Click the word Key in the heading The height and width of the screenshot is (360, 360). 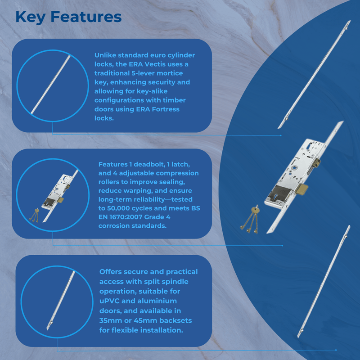pos(31,18)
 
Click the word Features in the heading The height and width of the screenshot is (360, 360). pos(86,17)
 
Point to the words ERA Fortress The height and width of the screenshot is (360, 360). pos(158,109)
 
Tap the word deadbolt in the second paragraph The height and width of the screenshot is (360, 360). pos(149,164)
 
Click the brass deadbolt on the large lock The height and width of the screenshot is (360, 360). pos(301,189)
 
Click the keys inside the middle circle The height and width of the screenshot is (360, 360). pos(34,215)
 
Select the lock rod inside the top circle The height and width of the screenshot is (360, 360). pos(50,85)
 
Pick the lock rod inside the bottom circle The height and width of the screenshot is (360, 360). pos(61,301)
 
